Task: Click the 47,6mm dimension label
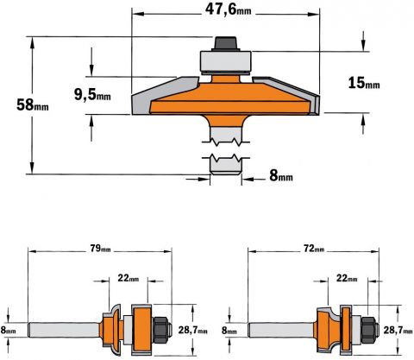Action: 228,9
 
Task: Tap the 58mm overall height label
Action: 33,104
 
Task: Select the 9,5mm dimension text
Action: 92,94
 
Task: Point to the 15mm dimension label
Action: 364,83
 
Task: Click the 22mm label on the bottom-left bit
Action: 129,278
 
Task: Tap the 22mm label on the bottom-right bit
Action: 347,278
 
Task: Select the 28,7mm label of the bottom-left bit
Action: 192,331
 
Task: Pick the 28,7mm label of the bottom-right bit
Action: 398,331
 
